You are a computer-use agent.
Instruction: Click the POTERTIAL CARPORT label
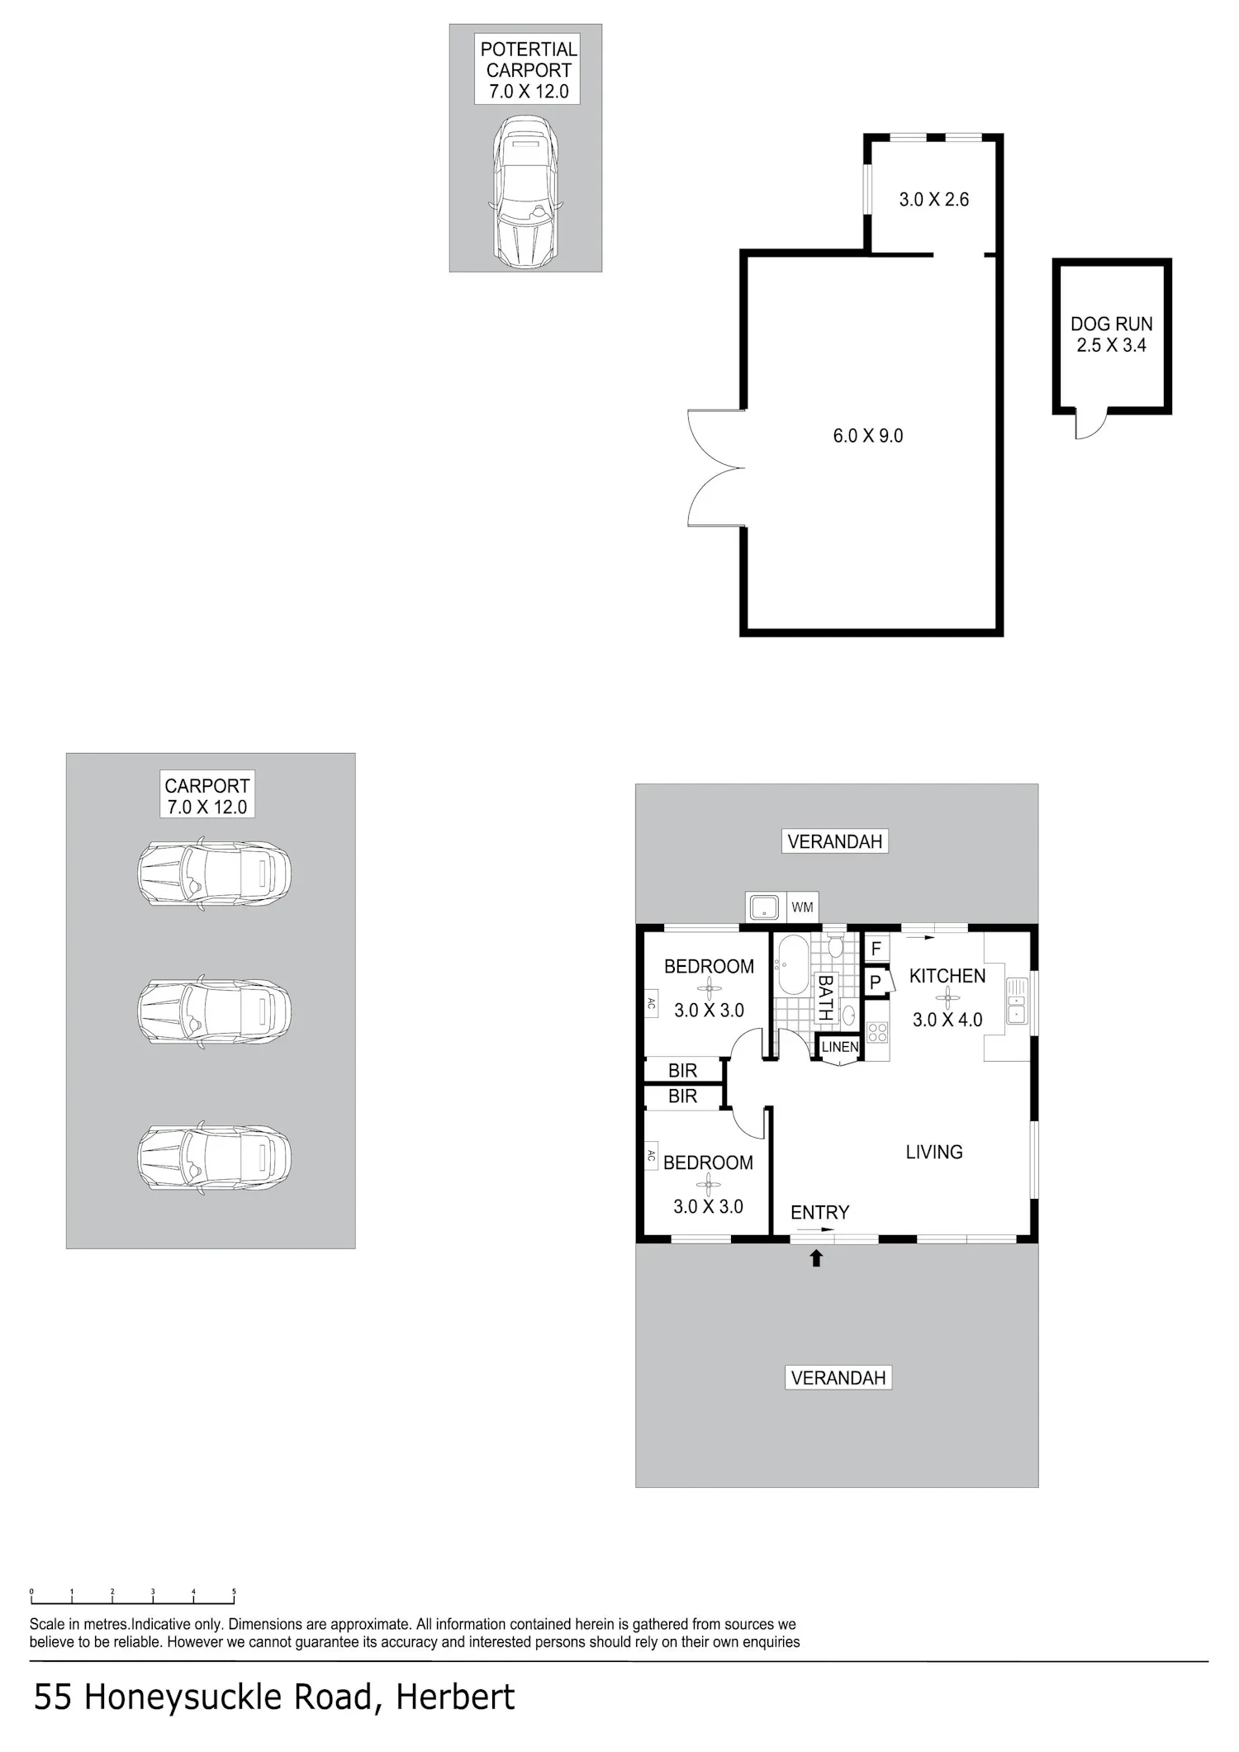coord(527,69)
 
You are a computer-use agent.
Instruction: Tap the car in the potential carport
coord(525,192)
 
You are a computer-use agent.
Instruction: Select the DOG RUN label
coord(1111,334)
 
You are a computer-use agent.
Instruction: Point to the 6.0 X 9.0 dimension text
coord(867,435)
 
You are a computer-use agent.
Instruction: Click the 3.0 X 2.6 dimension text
coord(933,199)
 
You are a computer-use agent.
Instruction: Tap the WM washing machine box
coord(802,907)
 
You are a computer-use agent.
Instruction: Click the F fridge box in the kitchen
coord(876,949)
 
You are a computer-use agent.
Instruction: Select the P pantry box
coord(876,983)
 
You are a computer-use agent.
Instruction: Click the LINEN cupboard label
coord(840,1047)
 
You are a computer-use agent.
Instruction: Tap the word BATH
coord(824,998)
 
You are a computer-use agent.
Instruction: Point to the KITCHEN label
coord(947,976)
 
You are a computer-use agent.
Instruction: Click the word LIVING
coord(934,1152)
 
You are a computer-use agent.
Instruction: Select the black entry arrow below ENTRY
coord(816,1257)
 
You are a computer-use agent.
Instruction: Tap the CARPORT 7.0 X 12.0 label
coord(207,796)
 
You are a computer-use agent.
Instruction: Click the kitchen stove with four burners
coord(877,1031)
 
